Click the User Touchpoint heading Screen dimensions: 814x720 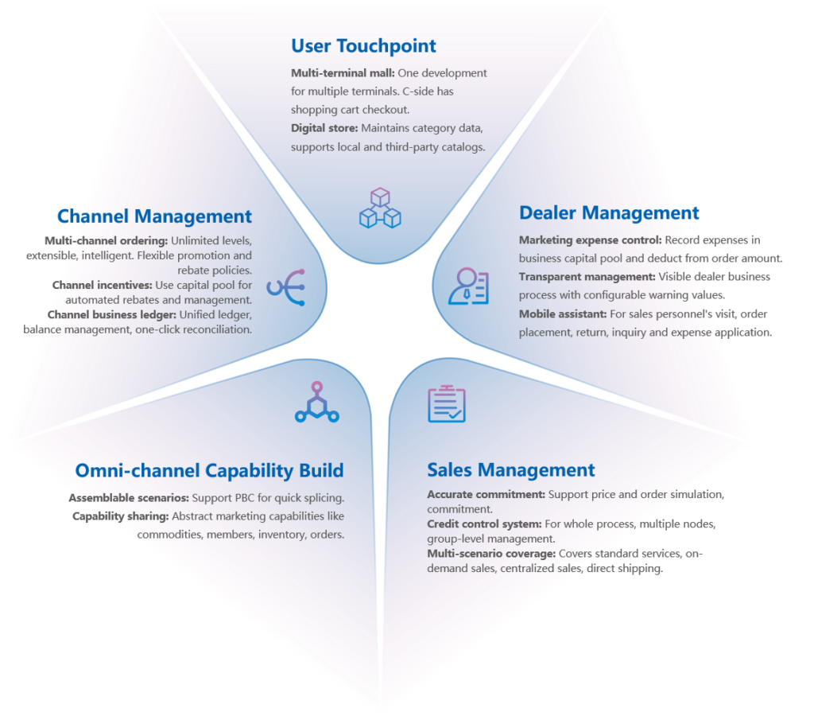coord(363,46)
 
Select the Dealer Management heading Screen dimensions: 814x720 coord(609,213)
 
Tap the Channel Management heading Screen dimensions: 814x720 coord(155,216)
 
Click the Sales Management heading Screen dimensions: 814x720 coord(511,470)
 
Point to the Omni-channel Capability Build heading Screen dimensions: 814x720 coord(210,471)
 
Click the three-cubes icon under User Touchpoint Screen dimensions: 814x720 coord(380,208)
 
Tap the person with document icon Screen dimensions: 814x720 coord(468,286)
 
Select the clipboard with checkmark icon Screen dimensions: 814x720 coord(447,403)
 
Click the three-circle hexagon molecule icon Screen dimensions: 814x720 coord(316,403)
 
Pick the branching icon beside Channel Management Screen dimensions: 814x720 coord(286,287)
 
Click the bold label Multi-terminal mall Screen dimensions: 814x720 coord(343,73)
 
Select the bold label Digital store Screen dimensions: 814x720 coord(324,128)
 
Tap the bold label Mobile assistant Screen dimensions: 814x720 coord(563,314)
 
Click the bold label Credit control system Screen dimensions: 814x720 coord(484,524)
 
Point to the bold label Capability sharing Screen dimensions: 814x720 coord(121,516)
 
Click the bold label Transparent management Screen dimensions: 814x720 coord(587,277)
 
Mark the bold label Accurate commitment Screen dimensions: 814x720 coord(486,495)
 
